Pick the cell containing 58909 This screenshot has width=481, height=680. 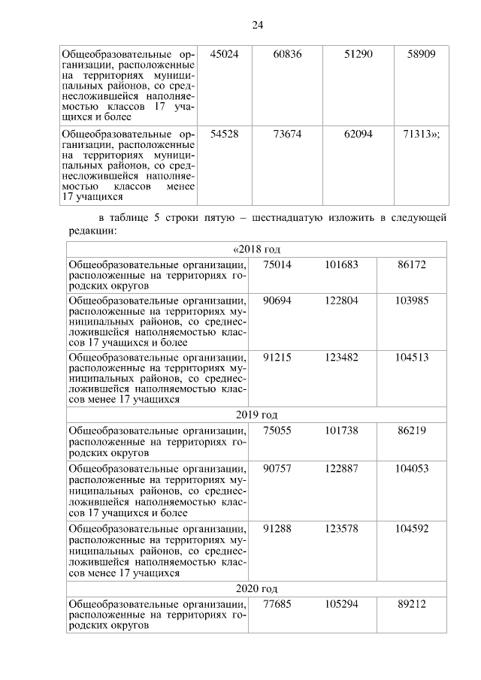click(422, 56)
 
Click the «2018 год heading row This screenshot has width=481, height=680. click(257, 249)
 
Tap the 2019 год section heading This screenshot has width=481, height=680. click(257, 415)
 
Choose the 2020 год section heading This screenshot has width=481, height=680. click(257, 588)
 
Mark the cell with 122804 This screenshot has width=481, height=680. click(342, 300)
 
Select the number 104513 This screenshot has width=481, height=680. click(412, 357)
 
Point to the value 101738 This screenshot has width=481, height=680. click(342, 431)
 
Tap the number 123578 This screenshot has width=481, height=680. click(342, 529)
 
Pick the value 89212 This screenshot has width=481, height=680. click(412, 604)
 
